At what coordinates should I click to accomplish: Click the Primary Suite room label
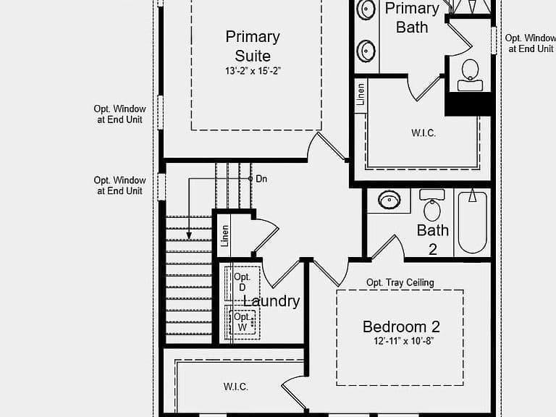tap(253, 46)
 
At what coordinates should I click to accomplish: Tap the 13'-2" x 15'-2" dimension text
tap(253, 71)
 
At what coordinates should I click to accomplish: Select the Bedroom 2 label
tap(401, 327)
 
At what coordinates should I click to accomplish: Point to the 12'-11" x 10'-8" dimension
tap(403, 341)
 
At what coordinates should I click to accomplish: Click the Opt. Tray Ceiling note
tap(400, 282)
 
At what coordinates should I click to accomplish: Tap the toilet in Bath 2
tap(432, 205)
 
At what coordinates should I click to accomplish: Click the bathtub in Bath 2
tap(472, 221)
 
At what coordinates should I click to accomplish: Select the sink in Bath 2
tap(389, 200)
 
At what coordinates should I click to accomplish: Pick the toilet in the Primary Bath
tap(470, 75)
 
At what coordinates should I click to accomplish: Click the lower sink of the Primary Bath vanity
tap(366, 51)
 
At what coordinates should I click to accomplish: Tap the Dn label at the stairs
tap(261, 179)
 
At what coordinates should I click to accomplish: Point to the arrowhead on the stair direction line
tap(189, 235)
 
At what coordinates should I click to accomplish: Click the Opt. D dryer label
tap(243, 282)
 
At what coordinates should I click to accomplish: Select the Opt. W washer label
tap(243, 321)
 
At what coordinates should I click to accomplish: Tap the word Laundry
tap(271, 301)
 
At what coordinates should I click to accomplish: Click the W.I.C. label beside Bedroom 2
tap(236, 387)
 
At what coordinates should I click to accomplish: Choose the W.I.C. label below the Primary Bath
tap(424, 133)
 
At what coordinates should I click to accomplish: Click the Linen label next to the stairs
tap(225, 236)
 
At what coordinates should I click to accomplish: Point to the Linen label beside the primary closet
tap(361, 94)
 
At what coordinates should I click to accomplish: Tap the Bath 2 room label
tap(433, 240)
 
